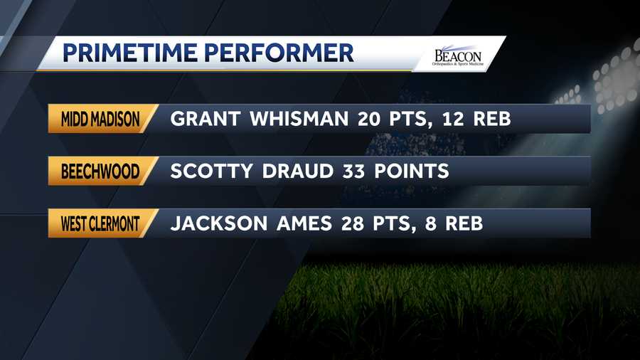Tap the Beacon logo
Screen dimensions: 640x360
pos(458,56)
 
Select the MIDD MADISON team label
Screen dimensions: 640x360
pos(100,120)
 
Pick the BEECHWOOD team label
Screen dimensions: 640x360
pos(100,171)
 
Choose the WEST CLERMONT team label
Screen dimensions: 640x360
pos(100,223)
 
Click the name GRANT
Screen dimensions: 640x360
pos(205,119)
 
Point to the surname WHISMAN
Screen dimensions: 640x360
pos(299,119)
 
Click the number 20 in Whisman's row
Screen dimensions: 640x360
pos(368,119)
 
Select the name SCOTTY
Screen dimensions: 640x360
pos(211,171)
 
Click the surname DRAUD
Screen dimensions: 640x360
pos(297,171)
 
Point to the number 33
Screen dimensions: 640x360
pos(353,171)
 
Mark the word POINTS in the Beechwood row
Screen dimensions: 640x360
pos(412,171)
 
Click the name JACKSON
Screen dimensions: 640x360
pos(219,223)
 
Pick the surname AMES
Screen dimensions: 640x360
pos(304,223)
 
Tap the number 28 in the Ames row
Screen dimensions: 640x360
pos(352,223)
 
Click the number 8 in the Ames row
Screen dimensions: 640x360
pos(431,223)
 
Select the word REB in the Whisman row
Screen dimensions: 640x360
pos(492,119)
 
